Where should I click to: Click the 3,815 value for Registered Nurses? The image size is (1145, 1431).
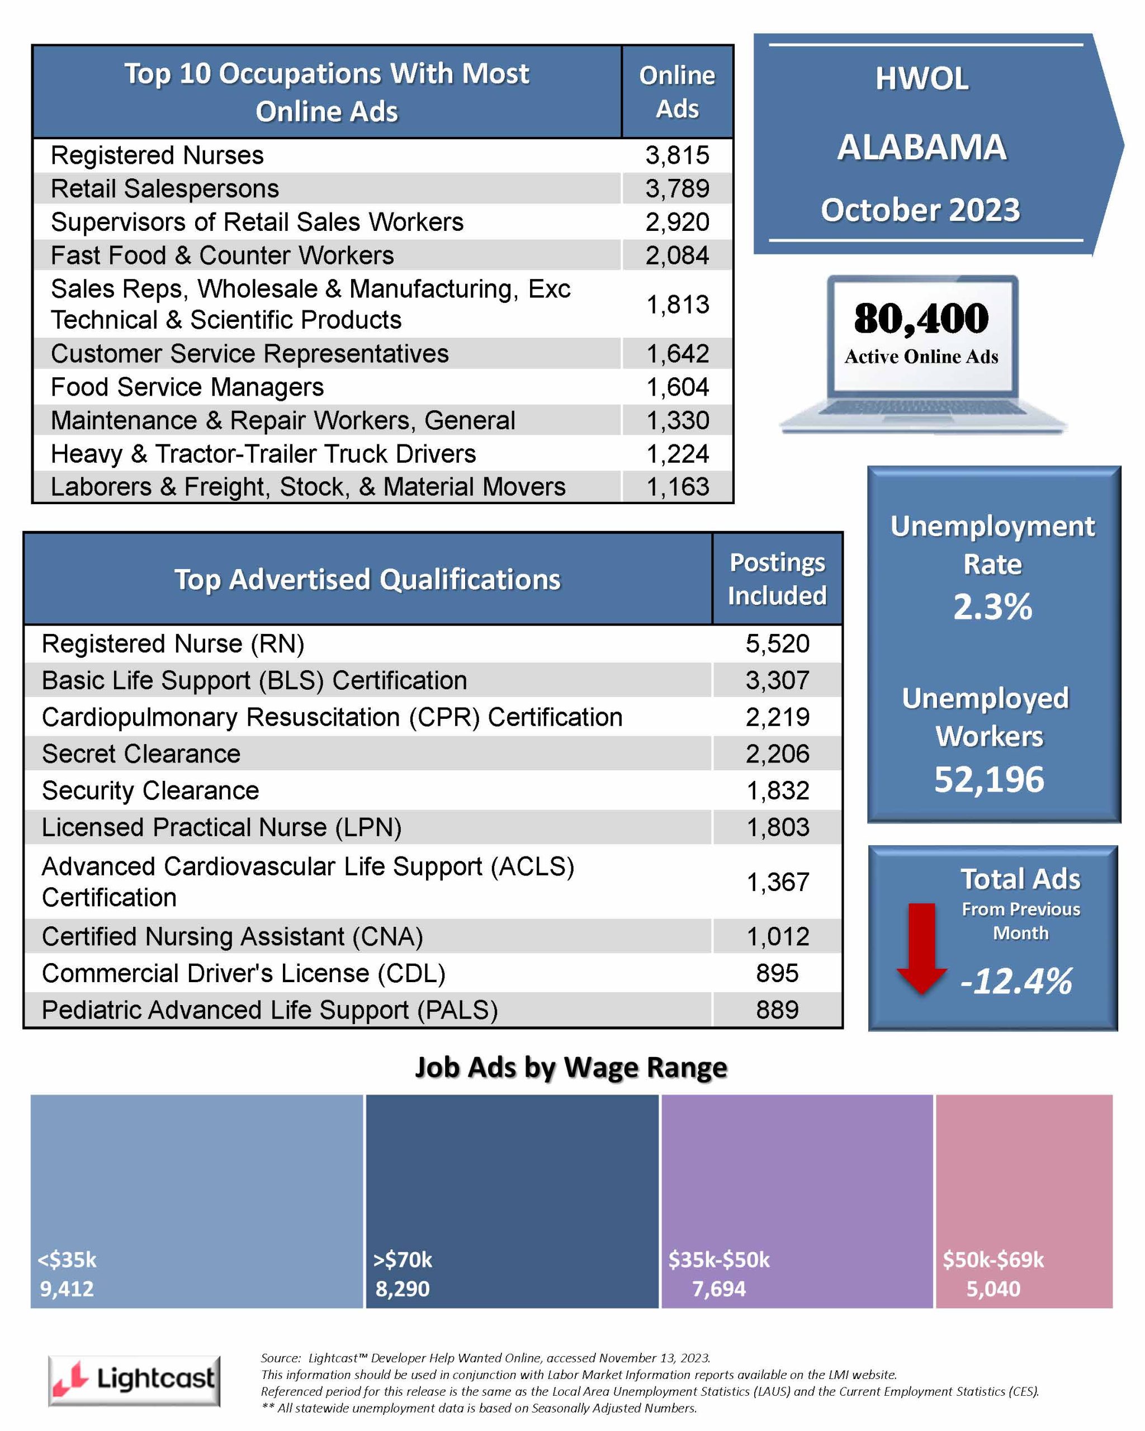677,155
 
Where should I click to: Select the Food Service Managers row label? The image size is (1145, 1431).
187,387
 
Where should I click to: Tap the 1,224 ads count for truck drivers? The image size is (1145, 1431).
677,454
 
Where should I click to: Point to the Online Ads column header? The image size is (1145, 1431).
677,92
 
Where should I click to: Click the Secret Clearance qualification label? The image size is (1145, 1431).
141,754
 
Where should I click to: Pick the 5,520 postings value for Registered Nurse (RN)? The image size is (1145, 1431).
777,644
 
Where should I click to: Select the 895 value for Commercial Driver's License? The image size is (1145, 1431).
777,973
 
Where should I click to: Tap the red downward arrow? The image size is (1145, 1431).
921,948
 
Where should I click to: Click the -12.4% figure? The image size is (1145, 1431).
1016,981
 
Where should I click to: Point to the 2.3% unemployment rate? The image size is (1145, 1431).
993,606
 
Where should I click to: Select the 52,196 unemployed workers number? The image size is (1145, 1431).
989,779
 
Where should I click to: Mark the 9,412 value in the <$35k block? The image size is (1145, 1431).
67,1288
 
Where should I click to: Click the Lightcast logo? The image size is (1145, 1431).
134,1381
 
